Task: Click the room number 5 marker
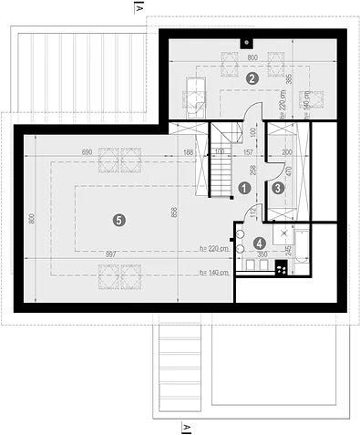point(117,218)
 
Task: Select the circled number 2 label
point(252,78)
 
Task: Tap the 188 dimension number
point(188,151)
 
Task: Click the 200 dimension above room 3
point(286,151)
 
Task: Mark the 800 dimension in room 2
point(252,57)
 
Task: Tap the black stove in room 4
point(281,267)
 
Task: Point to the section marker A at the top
point(137,8)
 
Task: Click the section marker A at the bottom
point(186,426)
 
